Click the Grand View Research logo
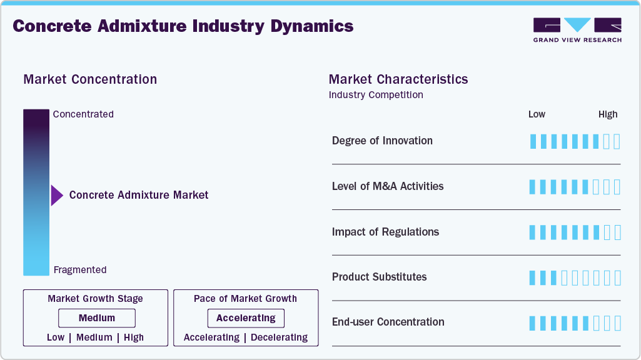tap(577, 29)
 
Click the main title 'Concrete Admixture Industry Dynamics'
tap(183, 26)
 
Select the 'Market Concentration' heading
tap(90, 79)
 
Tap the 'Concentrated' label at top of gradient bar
tap(83, 114)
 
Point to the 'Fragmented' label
tap(80, 270)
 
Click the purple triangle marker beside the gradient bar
tap(56, 196)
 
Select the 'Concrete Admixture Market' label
tap(139, 195)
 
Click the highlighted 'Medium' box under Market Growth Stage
tap(96, 318)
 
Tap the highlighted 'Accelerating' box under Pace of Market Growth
tap(246, 318)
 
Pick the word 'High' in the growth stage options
tap(134, 337)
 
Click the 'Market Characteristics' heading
tap(398, 79)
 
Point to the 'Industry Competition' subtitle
tap(376, 95)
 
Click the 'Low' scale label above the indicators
tap(537, 114)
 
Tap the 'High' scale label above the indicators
tap(608, 114)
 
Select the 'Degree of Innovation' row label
tap(382, 141)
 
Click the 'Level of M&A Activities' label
tap(388, 186)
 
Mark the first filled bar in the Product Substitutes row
tap(533, 277)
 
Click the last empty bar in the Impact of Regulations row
tap(617, 232)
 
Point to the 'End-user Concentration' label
tap(388, 322)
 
